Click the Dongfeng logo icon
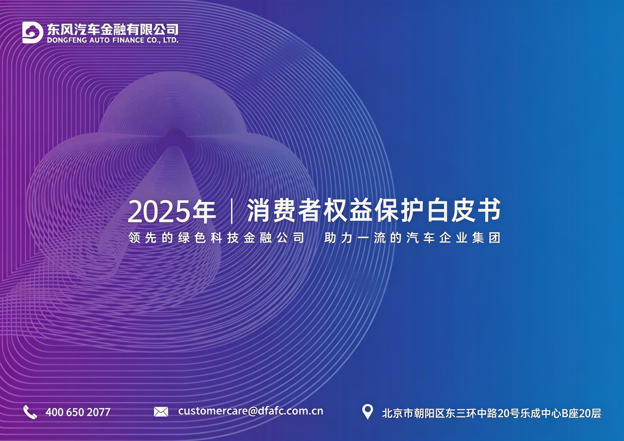point(32,33)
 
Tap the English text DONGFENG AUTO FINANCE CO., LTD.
point(113,40)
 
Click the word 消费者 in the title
point(284,211)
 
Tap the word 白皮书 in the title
point(463,211)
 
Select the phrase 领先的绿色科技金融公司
point(216,238)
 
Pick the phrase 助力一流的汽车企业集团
point(412,238)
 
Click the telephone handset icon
point(30,412)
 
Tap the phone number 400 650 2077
point(78,412)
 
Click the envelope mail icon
point(161,412)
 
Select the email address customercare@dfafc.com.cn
point(250,411)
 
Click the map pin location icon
point(367,411)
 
